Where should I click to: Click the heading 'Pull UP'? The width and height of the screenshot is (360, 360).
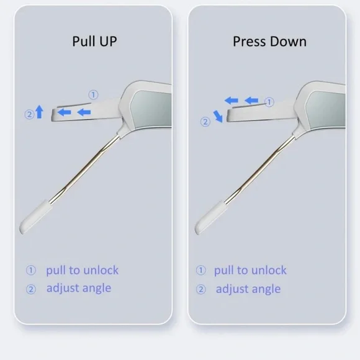[x=94, y=42]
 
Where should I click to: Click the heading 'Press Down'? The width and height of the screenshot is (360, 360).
[x=269, y=42]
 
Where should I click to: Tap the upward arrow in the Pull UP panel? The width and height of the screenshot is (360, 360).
[x=40, y=112]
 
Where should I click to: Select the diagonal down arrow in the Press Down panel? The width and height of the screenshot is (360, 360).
[x=218, y=117]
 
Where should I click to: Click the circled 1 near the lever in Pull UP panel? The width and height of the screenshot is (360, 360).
[x=94, y=94]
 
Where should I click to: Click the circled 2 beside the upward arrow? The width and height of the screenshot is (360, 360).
[x=29, y=114]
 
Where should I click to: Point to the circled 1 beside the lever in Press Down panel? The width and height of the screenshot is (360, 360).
[x=269, y=102]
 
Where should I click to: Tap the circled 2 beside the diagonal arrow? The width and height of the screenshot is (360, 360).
[x=205, y=122]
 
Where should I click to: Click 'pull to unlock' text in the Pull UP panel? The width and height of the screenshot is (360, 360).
[x=82, y=270]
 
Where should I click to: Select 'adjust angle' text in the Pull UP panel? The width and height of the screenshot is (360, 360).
[x=79, y=288]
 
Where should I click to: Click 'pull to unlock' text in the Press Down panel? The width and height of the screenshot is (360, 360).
[x=250, y=270]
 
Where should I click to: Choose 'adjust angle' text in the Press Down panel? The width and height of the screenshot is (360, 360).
[x=248, y=289]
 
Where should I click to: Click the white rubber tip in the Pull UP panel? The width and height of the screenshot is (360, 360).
[x=35, y=217]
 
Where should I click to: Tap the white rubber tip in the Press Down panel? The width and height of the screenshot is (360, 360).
[x=211, y=217]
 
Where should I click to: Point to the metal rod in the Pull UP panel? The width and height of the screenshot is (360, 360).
[x=84, y=169]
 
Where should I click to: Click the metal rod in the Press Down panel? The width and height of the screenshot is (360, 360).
[x=259, y=170]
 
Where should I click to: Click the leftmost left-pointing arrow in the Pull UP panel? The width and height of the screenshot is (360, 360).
[x=64, y=112]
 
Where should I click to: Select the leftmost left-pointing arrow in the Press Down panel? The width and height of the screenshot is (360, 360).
[x=231, y=101]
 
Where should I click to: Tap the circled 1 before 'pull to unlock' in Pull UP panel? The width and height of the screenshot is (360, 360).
[x=31, y=270]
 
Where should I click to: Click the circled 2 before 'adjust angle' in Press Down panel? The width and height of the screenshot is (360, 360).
[x=201, y=289]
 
